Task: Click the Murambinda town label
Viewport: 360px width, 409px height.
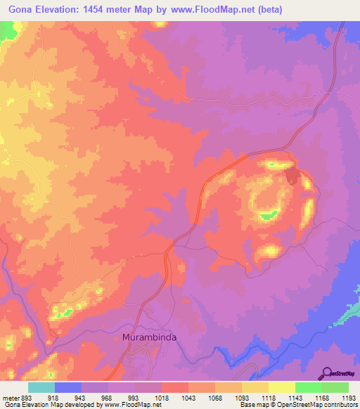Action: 150,337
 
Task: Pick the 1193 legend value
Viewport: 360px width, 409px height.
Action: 348,397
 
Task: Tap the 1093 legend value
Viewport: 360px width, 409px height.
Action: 241,397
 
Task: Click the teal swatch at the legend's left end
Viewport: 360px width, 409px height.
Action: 41,387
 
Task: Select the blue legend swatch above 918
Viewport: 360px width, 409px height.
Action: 68,387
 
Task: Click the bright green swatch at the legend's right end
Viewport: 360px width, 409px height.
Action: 335,387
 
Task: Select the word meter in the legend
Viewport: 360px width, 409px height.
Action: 10,397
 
